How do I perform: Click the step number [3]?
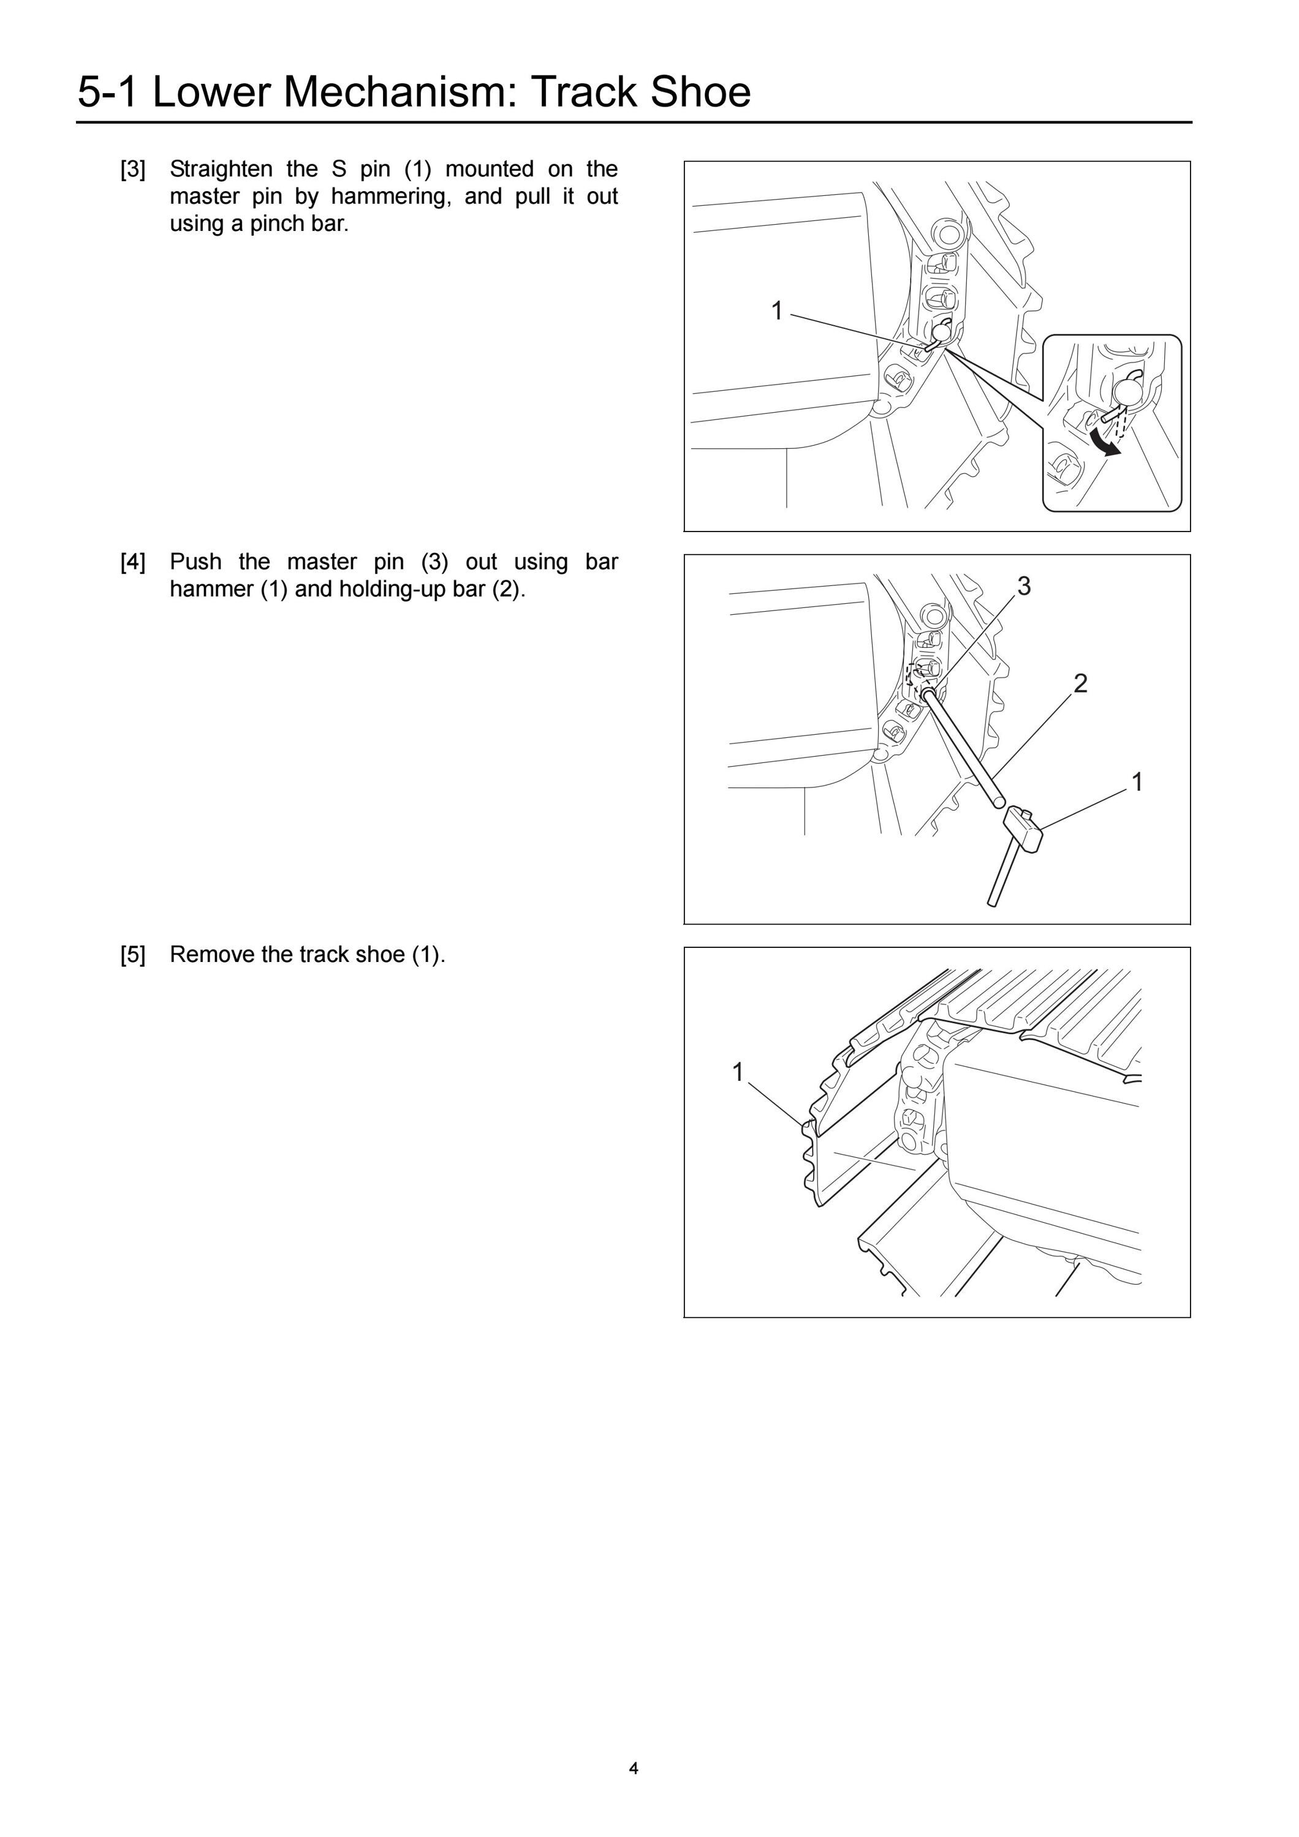(x=133, y=170)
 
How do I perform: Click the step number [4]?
(x=133, y=563)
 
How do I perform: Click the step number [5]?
(x=133, y=955)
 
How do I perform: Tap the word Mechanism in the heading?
(x=398, y=91)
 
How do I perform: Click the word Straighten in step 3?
(x=221, y=170)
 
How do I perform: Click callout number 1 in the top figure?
(x=776, y=310)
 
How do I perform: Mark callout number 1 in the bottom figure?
(x=738, y=1072)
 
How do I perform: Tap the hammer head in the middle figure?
(x=1023, y=828)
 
